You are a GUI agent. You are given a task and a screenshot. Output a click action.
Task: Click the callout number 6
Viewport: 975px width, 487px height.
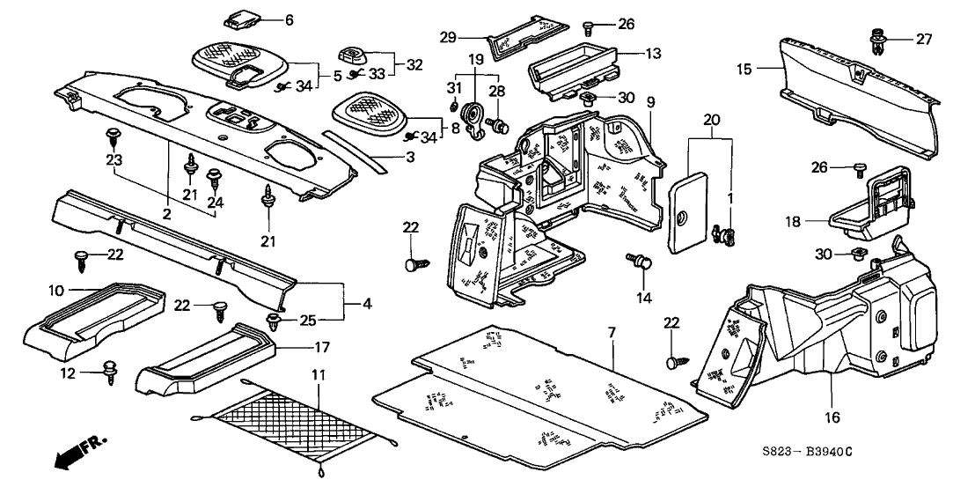click(x=264, y=19)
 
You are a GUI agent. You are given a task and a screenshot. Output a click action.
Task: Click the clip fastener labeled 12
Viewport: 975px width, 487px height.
click(x=111, y=370)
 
